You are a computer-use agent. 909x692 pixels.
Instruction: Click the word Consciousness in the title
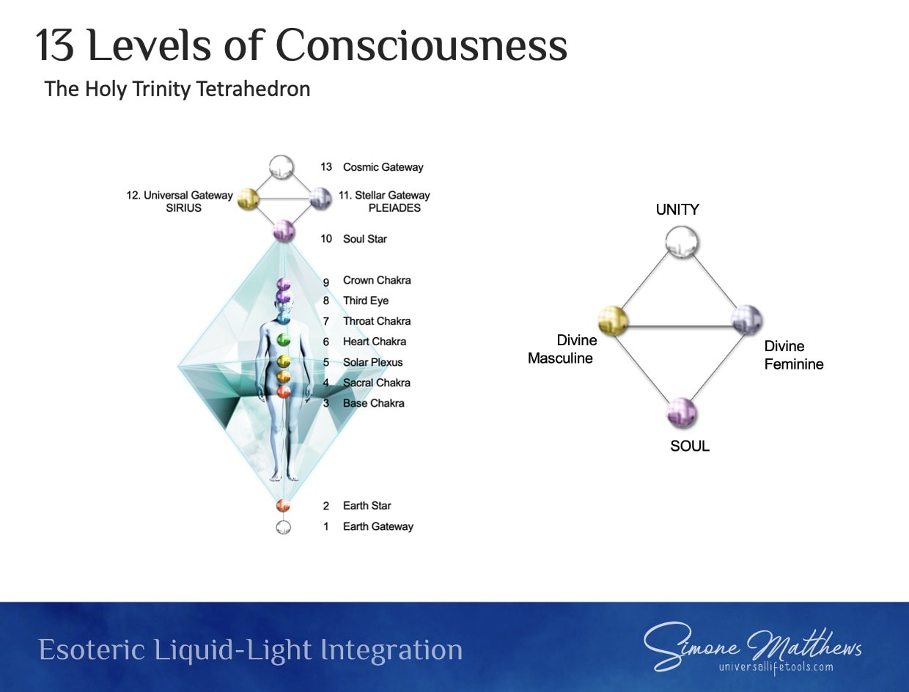(x=422, y=45)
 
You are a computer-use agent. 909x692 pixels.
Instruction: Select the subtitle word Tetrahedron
(x=253, y=89)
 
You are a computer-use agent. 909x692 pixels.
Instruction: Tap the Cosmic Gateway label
(x=383, y=167)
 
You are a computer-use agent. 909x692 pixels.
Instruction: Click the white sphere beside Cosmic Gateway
(x=281, y=167)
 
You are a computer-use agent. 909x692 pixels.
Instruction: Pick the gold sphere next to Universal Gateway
(x=249, y=199)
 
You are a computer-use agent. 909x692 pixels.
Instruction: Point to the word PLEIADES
(x=394, y=208)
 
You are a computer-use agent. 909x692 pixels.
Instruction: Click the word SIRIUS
(x=183, y=208)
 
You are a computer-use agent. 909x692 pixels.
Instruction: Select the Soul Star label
(x=365, y=239)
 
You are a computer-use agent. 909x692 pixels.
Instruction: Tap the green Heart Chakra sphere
(x=283, y=340)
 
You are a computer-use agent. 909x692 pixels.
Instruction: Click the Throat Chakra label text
(x=377, y=321)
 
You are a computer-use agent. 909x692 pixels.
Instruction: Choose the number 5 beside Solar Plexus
(x=326, y=363)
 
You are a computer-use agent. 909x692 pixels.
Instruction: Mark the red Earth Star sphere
(x=283, y=506)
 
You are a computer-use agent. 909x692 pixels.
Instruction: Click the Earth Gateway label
(x=378, y=526)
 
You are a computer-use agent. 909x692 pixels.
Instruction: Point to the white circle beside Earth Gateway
(x=283, y=527)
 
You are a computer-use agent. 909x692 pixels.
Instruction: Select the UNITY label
(x=677, y=210)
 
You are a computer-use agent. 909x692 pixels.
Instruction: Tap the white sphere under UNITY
(x=682, y=242)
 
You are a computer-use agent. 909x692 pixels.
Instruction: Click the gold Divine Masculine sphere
(x=613, y=321)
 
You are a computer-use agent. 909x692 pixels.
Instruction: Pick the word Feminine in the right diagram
(x=794, y=364)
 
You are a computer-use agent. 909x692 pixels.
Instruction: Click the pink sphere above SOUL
(x=681, y=413)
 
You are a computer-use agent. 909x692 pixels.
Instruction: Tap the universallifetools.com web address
(x=776, y=667)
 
